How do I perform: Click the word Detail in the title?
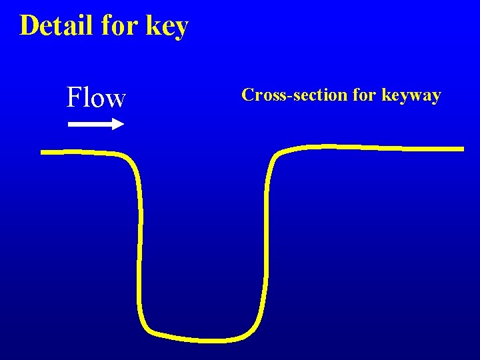[57, 25]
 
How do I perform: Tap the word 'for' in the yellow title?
[119, 25]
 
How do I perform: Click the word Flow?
[96, 98]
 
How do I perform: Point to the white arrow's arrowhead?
[119, 123]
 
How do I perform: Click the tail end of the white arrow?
[70, 123]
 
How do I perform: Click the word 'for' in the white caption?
[364, 95]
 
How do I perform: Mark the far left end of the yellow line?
[43, 152]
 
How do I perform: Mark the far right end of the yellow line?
[462, 149]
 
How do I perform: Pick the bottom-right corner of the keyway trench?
[255, 328]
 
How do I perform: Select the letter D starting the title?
[28, 25]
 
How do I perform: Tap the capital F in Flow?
[73, 98]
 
